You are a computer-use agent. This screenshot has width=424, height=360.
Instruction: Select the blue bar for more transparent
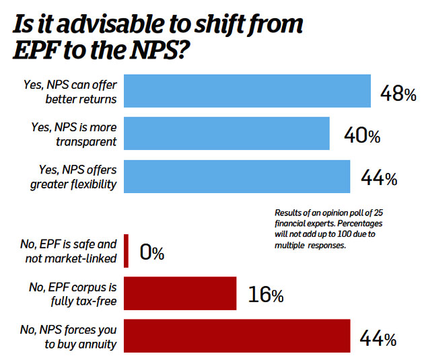(x=226, y=133)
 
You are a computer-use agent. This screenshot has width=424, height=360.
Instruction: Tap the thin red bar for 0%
(x=127, y=251)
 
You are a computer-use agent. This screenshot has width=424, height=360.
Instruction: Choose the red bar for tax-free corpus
(x=180, y=294)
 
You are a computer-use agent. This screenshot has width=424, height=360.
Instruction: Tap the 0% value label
(x=151, y=254)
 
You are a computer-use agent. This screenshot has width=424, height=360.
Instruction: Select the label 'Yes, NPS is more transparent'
(x=73, y=133)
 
